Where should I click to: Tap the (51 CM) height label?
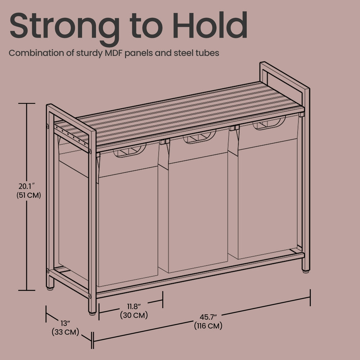(29, 195)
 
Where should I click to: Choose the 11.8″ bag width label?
(134, 306)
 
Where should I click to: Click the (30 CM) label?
(134, 315)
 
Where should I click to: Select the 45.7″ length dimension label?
(208, 317)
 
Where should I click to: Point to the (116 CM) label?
(208, 326)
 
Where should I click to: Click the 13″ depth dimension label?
(66, 323)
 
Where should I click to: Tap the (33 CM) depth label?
(66, 332)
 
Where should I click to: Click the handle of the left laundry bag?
(130, 150)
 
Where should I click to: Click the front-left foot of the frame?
(92, 313)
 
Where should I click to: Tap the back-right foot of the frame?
(306, 271)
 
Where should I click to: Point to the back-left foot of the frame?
(50, 288)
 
